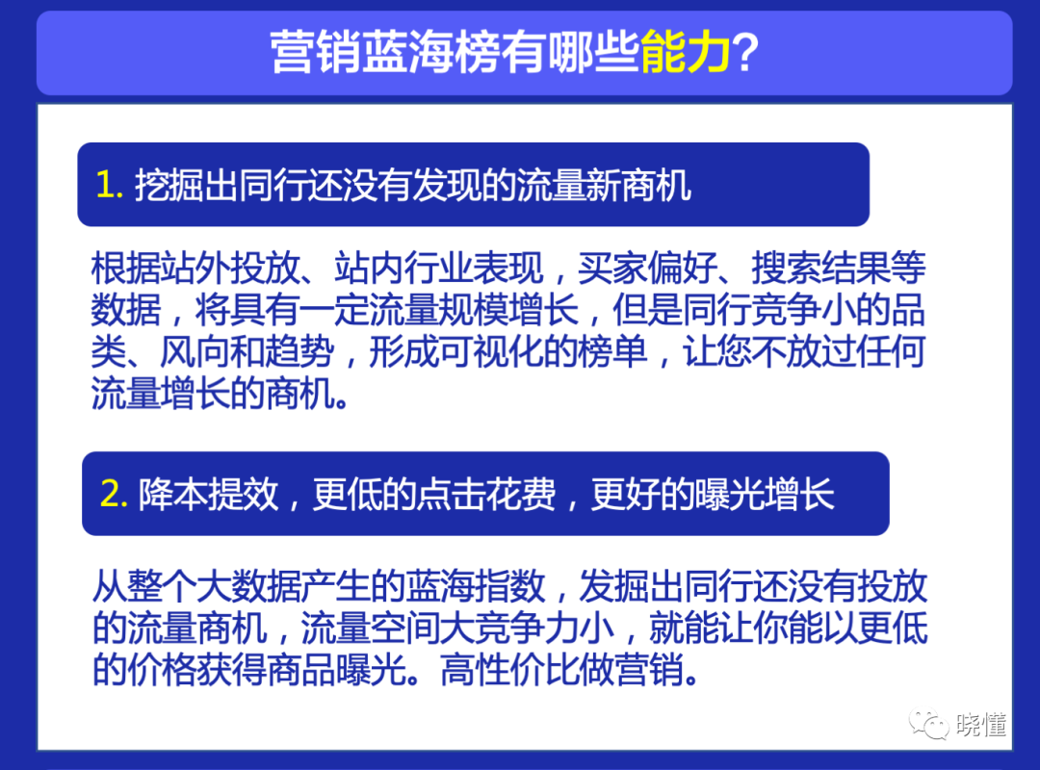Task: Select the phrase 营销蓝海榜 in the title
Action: pyautogui.click(x=365, y=54)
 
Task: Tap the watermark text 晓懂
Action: pyautogui.click(x=982, y=725)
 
